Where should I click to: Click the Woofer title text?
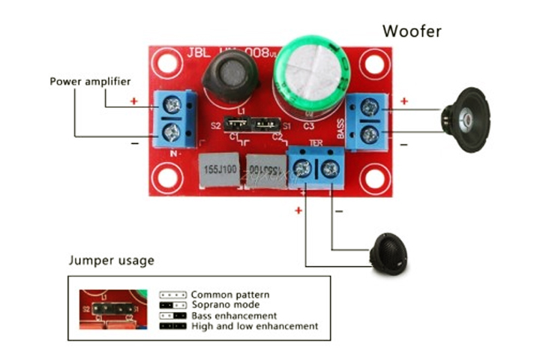(x=412, y=31)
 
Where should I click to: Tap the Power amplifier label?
(x=90, y=81)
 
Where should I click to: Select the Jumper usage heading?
(x=111, y=261)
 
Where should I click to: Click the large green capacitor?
(x=309, y=73)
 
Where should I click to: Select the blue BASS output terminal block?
(x=367, y=121)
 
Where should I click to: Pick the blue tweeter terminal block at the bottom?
(x=316, y=171)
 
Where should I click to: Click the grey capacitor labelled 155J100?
(x=218, y=171)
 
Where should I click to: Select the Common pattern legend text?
(x=229, y=295)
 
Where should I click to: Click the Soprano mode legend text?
(x=225, y=305)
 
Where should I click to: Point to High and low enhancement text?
(x=254, y=326)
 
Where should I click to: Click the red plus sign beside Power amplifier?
(x=134, y=100)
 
